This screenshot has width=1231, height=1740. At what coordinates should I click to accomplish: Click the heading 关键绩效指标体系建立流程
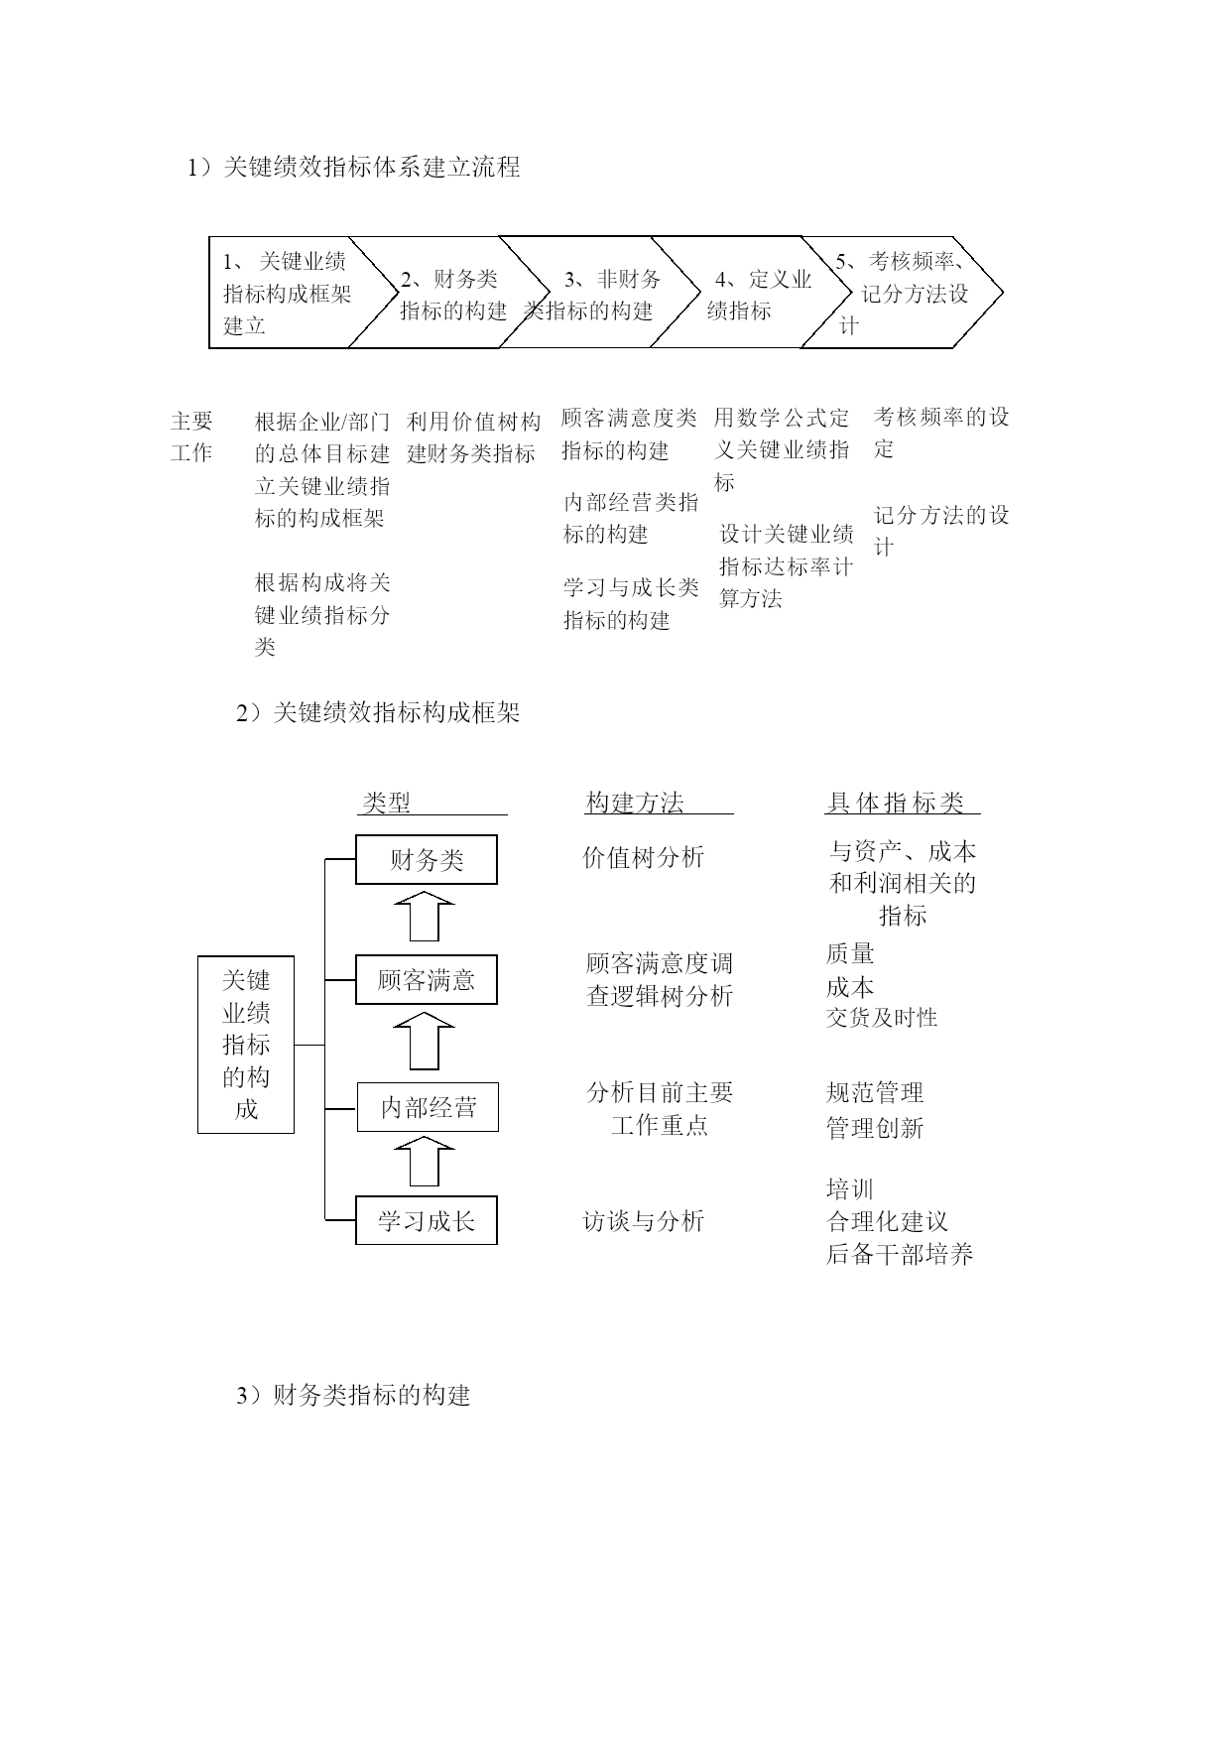pos(371,167)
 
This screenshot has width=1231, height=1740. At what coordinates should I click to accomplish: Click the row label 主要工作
pos(191,436)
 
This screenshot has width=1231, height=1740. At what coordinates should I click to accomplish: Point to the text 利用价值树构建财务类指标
pos(473,437)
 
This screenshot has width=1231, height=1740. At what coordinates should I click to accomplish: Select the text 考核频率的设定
pos(941,433)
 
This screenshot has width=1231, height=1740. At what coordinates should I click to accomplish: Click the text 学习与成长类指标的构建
pos(631,603)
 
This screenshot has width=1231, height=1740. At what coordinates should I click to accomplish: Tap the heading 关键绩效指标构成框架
pos(396,712)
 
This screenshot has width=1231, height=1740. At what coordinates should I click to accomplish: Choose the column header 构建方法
pos(635,803)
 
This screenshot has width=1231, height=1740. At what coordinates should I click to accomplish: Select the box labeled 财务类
pos(427,860)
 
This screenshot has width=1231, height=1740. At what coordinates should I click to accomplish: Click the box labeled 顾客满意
pos(427,980)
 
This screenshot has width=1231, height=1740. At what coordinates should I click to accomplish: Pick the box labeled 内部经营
pos(428,1107)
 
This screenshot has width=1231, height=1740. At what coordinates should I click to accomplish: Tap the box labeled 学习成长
pos(427,1220)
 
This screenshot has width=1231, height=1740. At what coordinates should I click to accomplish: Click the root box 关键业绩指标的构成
pos(246,1045)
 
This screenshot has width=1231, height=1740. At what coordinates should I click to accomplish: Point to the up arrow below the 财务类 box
pos(425,916)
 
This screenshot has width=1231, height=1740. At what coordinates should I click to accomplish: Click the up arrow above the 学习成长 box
pos(425,1161)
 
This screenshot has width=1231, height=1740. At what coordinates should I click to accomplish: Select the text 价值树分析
pos(643,857)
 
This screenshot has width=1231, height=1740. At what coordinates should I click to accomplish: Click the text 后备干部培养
pos(900,1254)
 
